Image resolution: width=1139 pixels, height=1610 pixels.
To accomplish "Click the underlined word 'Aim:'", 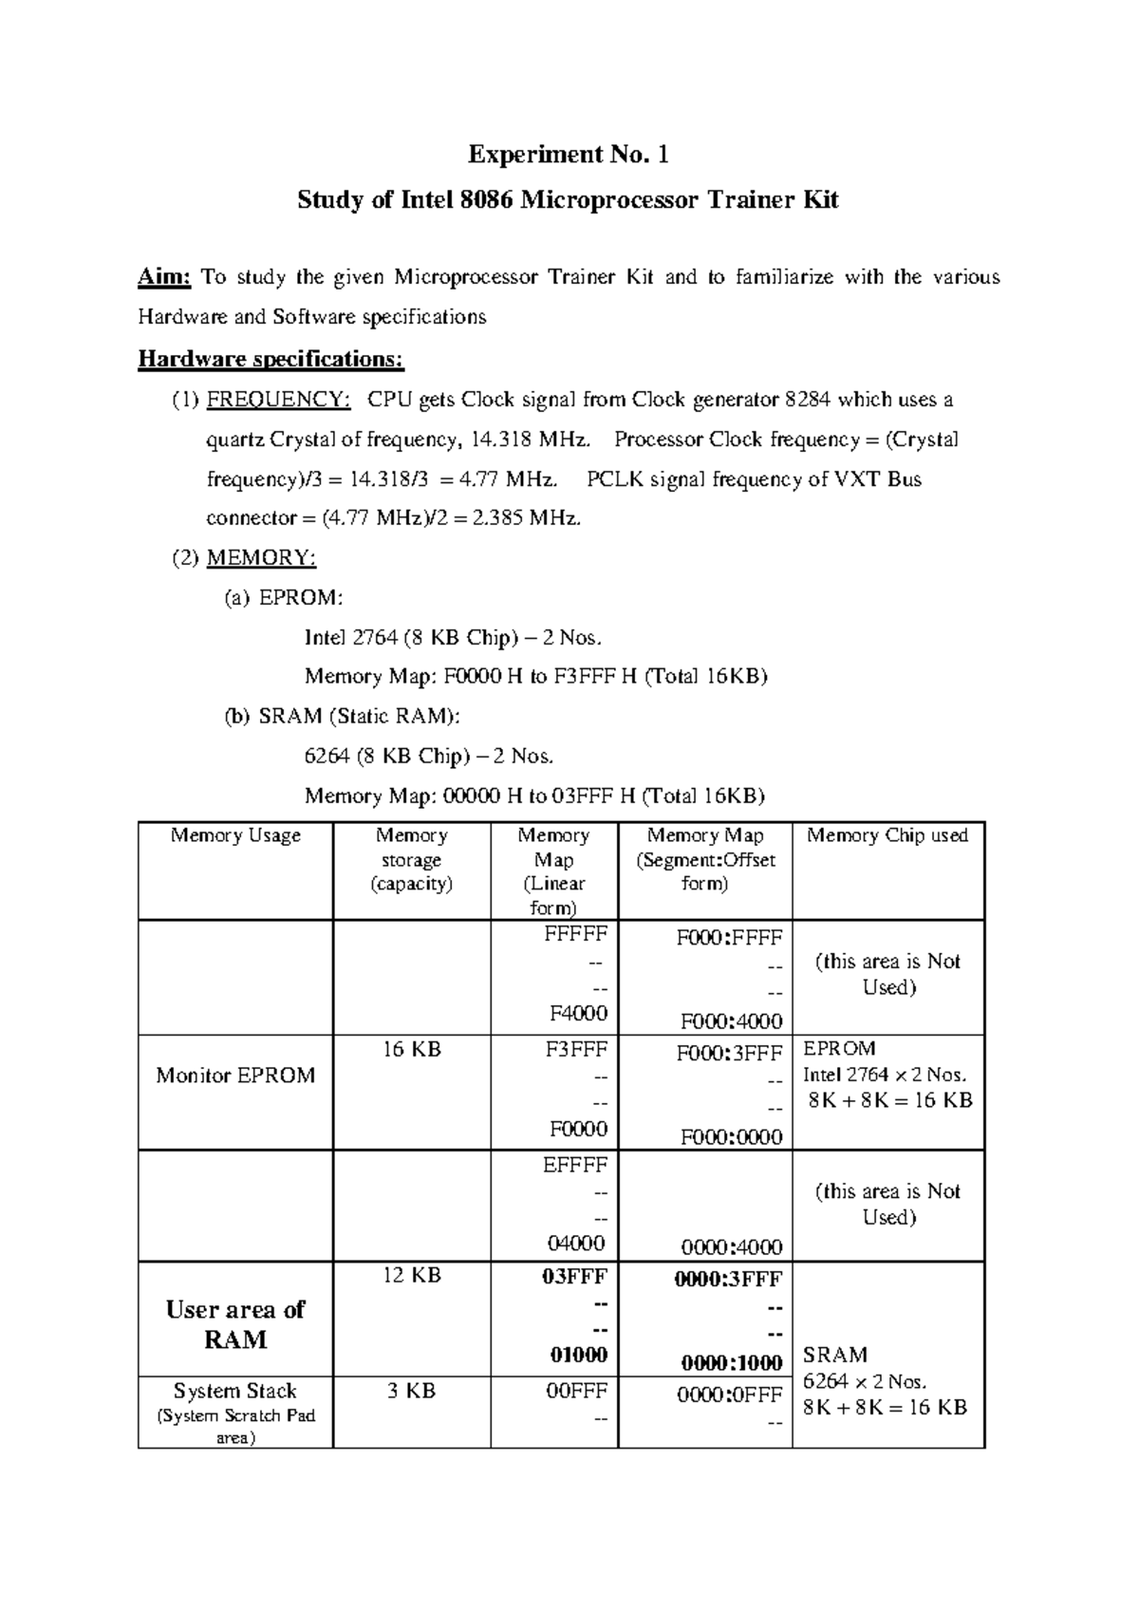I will [165, 277].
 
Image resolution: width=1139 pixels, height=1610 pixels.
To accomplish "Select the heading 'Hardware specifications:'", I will [271, 359].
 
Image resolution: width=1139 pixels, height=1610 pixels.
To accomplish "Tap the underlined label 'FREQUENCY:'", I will [278, 400].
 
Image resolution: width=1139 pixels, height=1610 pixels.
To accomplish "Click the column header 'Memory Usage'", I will [235, 835].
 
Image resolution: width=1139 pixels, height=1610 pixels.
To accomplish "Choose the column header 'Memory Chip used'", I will [887, 835].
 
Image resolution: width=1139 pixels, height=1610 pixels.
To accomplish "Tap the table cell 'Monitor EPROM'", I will [235, 1076].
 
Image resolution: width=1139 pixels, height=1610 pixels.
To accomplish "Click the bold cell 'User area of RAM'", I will [235, 1324].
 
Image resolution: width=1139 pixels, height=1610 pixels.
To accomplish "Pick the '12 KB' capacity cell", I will [411, 1276].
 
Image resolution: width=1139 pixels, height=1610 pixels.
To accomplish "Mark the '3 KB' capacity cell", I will [411, 1392].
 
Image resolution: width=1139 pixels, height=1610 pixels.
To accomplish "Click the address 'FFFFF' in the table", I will [575, 933].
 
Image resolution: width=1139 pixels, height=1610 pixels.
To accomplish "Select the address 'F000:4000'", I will [731, 1021].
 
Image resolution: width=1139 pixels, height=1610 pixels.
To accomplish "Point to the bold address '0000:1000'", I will [731, 1363].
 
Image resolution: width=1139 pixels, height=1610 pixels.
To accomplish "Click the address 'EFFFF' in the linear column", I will [575, 1165].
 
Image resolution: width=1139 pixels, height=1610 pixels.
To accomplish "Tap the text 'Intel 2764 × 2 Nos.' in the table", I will [885, 1076].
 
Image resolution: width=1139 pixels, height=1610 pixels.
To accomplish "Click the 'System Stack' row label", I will [235, 1392].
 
